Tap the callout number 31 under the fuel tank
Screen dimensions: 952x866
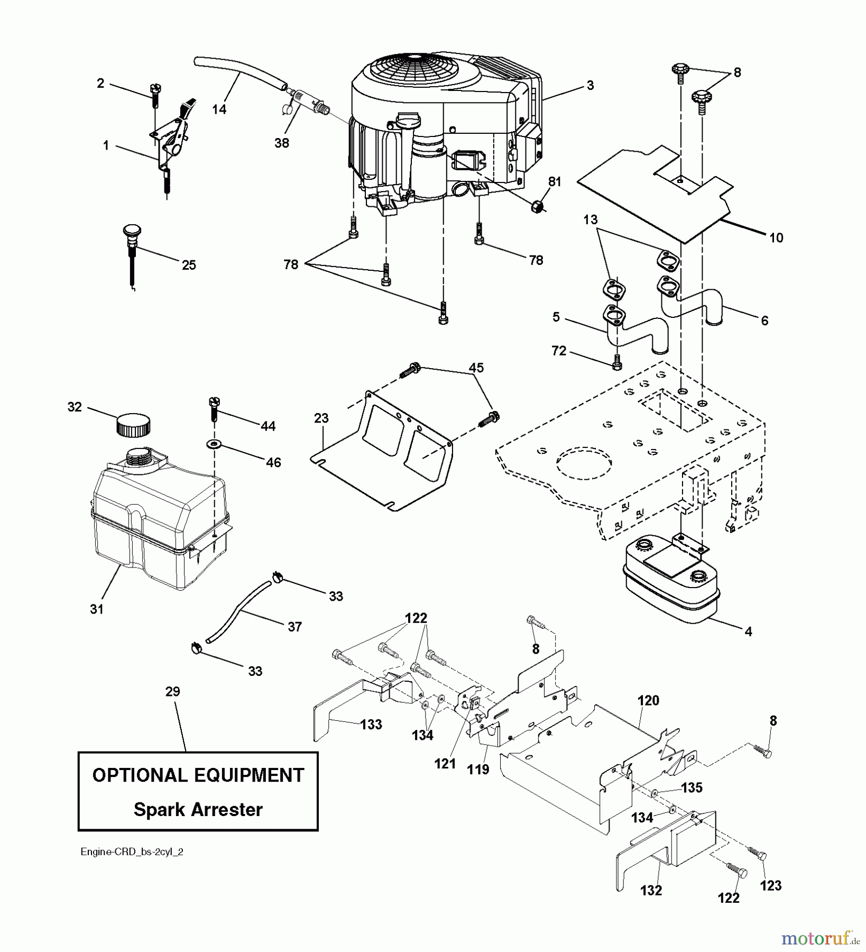[x=97, y=609]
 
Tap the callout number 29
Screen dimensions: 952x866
[x=172, y=692]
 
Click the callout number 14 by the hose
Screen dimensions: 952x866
[x=219, y=109]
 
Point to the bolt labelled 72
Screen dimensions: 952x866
[x=618, y=363]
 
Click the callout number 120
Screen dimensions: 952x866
[x=648, y=700]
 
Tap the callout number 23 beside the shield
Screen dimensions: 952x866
[x=321, y=418]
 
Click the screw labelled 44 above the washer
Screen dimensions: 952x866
[x=215, y=407]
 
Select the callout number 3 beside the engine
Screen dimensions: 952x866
[x=590, y=85]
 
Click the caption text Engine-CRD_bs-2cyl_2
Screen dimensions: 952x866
[x=132, y=852]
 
